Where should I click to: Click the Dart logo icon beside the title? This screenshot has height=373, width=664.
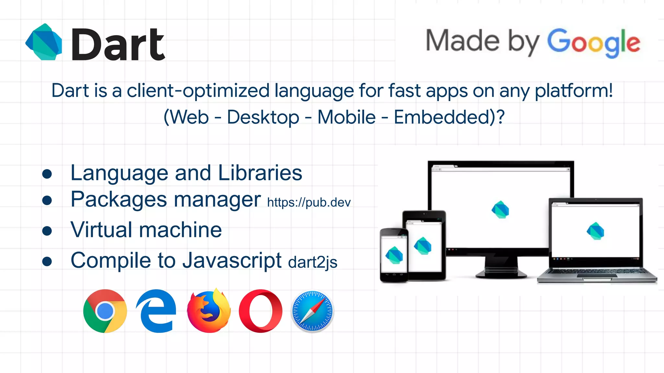click(x=44, y=42)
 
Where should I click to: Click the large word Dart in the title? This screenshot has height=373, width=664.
click(x=118, y=44)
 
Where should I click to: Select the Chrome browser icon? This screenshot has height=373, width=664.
click(x=105, y=311)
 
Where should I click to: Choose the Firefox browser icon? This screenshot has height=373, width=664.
click(x=209, y=311)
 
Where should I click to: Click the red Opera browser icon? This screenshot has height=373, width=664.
click(x=260, y=311)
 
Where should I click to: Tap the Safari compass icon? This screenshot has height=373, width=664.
click(x=312, y=311)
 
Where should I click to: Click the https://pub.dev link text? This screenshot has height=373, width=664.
click(x=309, y=203)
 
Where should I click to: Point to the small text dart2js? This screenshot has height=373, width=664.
click(x=313, y=262)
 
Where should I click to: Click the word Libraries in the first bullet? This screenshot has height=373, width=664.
click(x=260, y=173)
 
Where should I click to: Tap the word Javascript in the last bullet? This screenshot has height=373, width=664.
click(x=232, y=260)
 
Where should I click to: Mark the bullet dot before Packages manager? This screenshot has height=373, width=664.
click(x=47, y=200)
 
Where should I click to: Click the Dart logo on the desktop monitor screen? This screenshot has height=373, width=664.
click(x=500, y=209)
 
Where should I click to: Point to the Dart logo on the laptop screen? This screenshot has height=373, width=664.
click(x=596, y=231)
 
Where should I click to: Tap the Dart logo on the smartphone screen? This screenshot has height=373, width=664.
click(x=394, y=255)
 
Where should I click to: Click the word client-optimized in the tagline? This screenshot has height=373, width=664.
click(x=198, y=91)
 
